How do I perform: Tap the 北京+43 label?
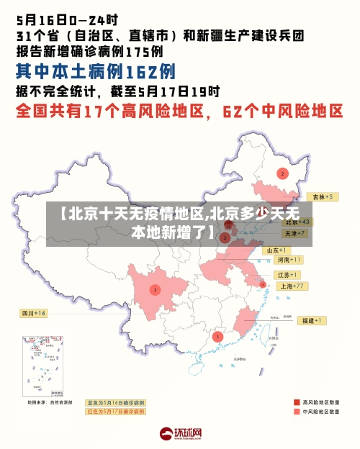click(x=297, y=222)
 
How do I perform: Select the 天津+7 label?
click(x=294, y=234)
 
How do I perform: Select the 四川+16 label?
click(x=32, y=313)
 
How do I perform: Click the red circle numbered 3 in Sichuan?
click(x=155, y=290)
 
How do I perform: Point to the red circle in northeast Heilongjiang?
click(x=282, y=173)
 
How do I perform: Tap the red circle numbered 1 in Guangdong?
click(x=217, y=336)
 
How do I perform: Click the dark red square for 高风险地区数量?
click(x=296, y=402)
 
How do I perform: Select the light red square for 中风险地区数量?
click(x=296, y=412)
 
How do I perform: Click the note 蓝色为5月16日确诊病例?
click(x=115, y=402)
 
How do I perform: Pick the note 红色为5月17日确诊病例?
click(x=115, y=412)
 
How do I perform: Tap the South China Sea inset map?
click(x=43, y=367)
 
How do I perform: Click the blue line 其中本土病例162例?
click(x=96, y=72)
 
